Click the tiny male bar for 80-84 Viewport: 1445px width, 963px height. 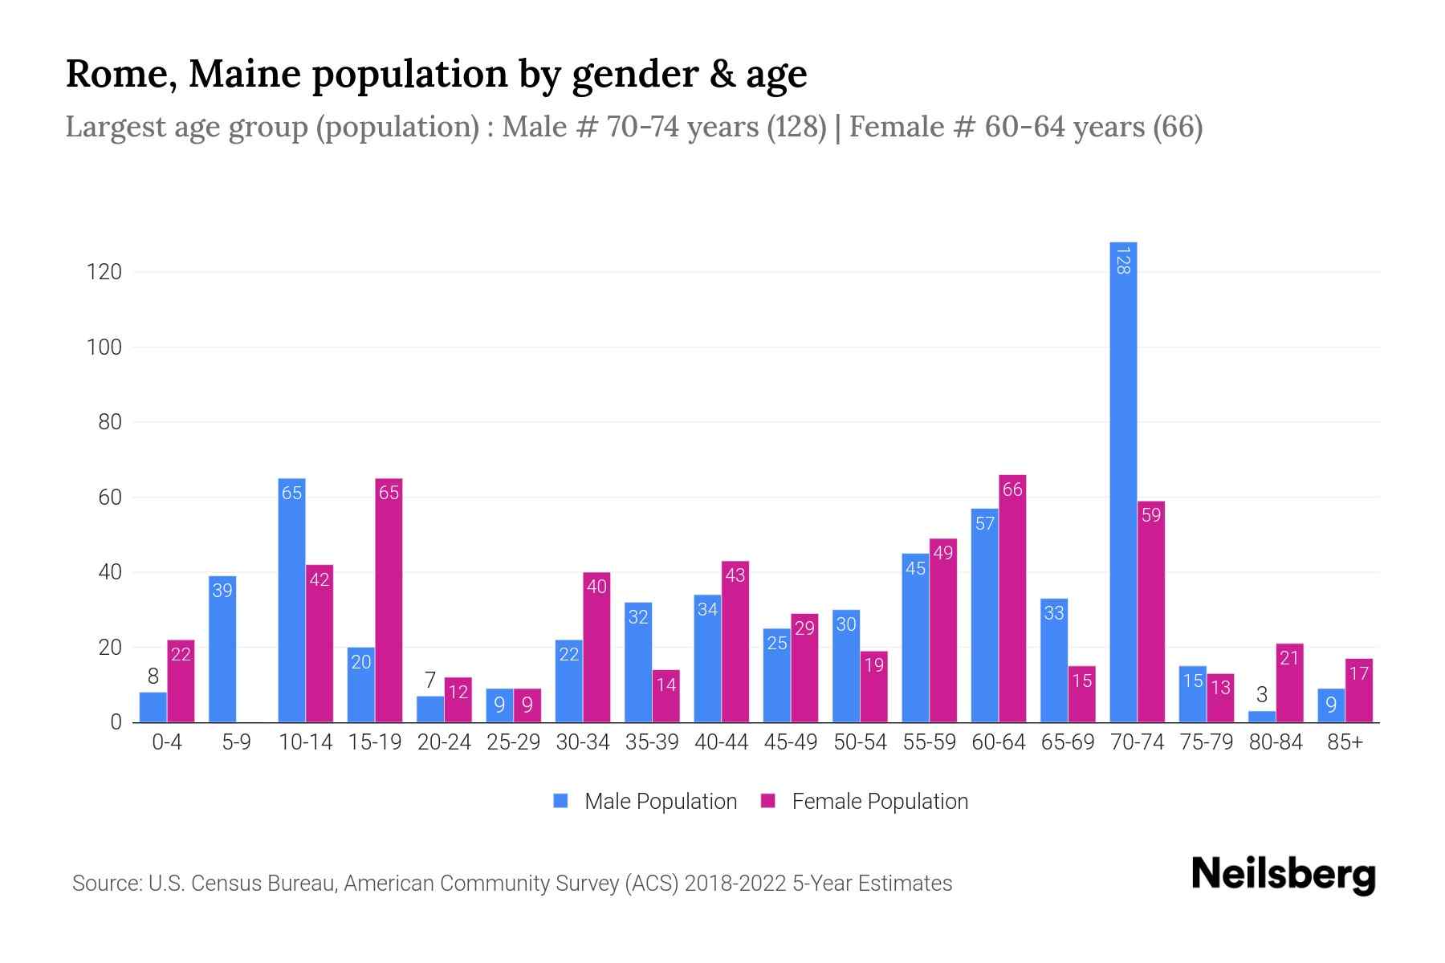[1262, 717]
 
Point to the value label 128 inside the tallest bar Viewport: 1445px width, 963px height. [1123, 261]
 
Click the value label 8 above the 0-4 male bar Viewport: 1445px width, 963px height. [153, 677]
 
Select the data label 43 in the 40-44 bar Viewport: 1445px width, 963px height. [735, 575]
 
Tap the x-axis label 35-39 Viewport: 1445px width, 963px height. [652, 742]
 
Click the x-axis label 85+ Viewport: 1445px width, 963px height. [1345, 742]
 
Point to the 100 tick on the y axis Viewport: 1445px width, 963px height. [104, 347]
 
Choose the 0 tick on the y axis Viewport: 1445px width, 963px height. [116, 722]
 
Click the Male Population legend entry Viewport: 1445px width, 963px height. [660, 802]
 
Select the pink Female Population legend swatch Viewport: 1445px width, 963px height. [768, 801]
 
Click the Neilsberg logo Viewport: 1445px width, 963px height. [1283, 875]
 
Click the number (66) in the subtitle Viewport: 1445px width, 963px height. [1178, 127]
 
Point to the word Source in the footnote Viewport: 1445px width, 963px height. [105, 884]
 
